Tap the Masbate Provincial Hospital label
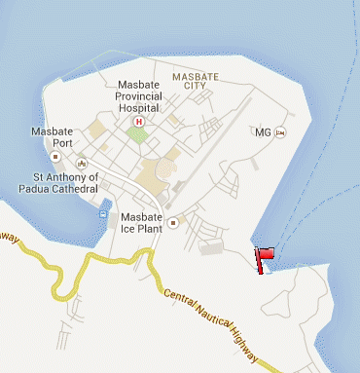point(143,96)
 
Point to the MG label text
point(261,132)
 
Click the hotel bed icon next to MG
point(279,132)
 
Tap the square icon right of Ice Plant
point(172,222)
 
